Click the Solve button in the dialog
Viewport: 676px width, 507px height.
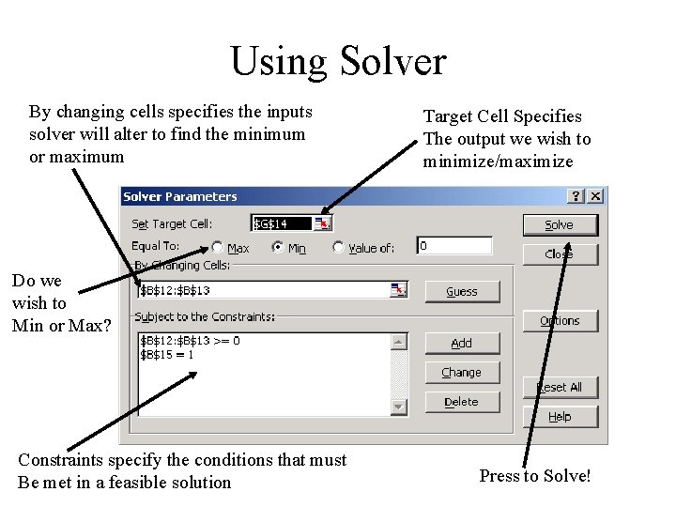pyautogui.click(x=559, y=225)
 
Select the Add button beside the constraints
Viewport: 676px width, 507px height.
pyautogui.click(x=461, y=344)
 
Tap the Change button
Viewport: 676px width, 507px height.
pyautogui.click(x=461, y=373)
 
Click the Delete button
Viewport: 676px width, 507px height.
pyautogui.click(x=461, y=402)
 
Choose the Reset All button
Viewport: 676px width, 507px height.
pyautogui.click(x=559, y=387)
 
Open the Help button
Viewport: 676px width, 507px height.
pyautogui.click(x=559, y=417)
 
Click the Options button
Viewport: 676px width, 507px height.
pyautogui.click(x=559, y=321)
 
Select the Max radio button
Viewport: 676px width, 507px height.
pyautogui.click(x=218, y=248)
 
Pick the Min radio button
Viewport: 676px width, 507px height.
pyautogui.click(x=278, y=248)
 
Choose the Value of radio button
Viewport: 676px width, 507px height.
pyautogui.click(x=338, y=248)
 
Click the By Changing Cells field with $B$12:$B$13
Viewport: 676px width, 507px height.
pyautogui.click(x=263, y=291)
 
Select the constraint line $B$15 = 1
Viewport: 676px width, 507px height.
pyautogui.click(x=168, y=355)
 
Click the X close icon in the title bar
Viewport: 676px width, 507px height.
pyautogui.click(x=594, y=197)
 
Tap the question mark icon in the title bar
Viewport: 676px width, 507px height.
pyautogui.click(x=576, y=197)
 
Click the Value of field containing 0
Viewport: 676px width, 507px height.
pyautogui.click(x=454, y=246)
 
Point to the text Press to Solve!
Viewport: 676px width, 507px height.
pyautogui.click(x=535, y=476)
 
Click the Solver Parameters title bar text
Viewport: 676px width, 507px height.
pyautogui.click(x=180, y=197)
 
